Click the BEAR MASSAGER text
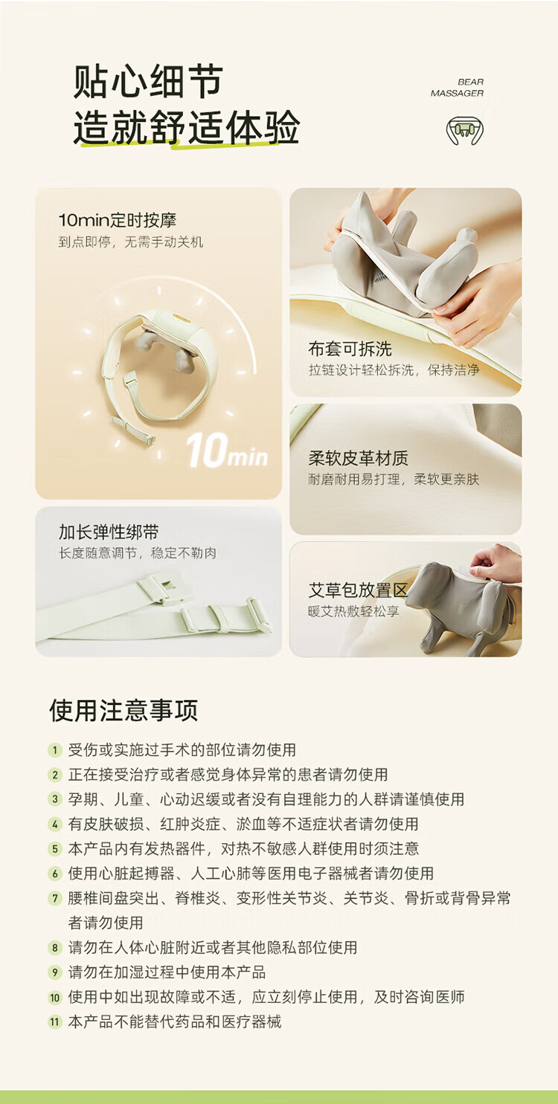tap(457, 87)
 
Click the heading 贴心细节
tap(148, 81)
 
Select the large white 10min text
tap(227, 450)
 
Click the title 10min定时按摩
tap(118, 220)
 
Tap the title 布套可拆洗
tap(350, 349)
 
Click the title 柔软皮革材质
tap(358, 458)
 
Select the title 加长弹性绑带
tap(109, 532)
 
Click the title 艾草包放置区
tap(358, 590)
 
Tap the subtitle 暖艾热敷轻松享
tap(353, 612)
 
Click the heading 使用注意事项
tap(124, 711)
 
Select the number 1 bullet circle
tap(55, 751)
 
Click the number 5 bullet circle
tap(55, 849)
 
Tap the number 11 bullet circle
tap(55, 1022)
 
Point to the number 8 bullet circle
tap(55, 948)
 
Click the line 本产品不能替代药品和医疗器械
tap(175, 1021)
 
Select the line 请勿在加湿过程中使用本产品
tap(167, 972)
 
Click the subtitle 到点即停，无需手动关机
tap(131, 242)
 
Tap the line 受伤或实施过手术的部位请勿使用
tap(182, 750)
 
